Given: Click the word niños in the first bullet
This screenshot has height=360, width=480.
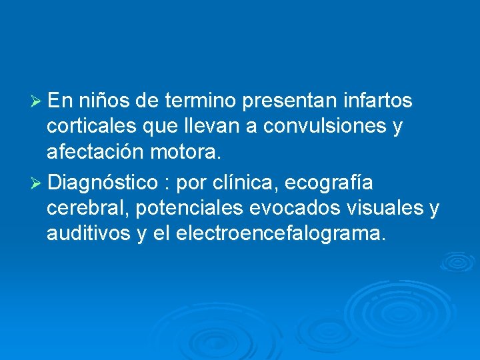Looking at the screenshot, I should [104, 101].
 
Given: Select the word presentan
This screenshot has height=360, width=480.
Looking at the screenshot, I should [293, 101].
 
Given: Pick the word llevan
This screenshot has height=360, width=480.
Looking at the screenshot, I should [207, 127].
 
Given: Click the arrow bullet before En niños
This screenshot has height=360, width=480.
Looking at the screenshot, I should [37, 101].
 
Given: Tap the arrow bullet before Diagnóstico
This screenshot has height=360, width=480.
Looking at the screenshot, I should [37, 182].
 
